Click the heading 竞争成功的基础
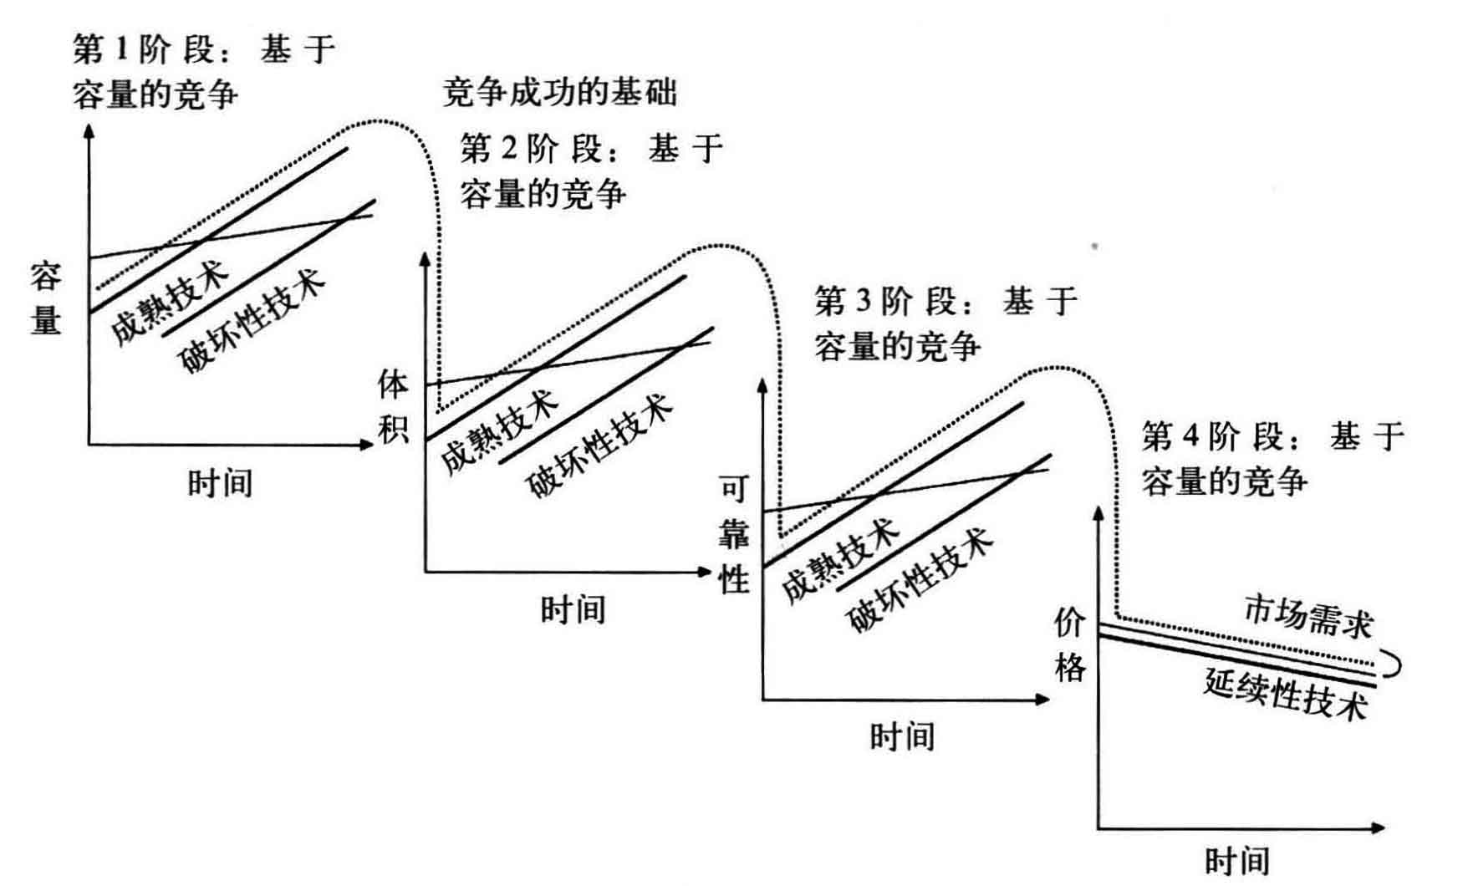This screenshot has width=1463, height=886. pos(559,92)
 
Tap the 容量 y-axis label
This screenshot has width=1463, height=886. pos(46,298)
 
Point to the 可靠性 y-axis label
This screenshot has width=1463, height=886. pos(734,534)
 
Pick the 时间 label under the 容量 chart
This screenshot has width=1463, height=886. pos(220,483)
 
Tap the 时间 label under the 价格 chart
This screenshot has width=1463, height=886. pos(1237,862)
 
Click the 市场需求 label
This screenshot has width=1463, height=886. pos(1309,617)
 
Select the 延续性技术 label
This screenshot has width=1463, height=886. pos(1286,693)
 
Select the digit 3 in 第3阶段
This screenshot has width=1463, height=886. pos(864,301)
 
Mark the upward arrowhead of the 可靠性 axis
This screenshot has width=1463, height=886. pos(762,384)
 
